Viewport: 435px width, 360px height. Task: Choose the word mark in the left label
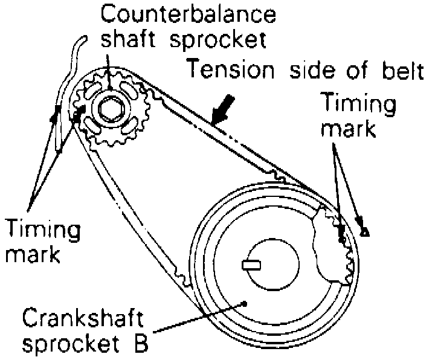33,253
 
